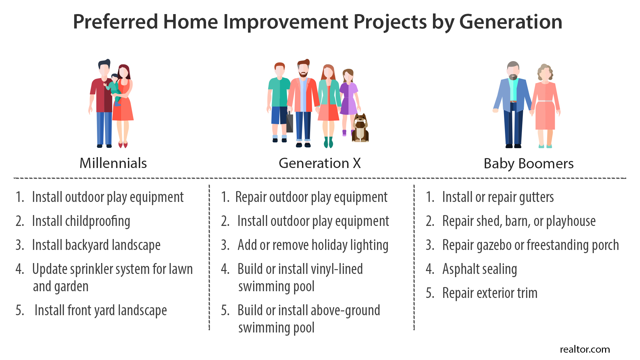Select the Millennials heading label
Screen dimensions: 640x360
point(113,163)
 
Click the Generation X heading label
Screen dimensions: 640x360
point(320,163)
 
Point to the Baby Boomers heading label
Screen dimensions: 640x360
point(529,164)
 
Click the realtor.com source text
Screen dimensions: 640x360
point(585,349)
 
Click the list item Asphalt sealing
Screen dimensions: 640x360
point(480,269)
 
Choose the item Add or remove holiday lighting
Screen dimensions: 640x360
point(313,245)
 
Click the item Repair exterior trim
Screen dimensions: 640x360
point(490,293)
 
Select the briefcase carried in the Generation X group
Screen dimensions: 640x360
point(290,122)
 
